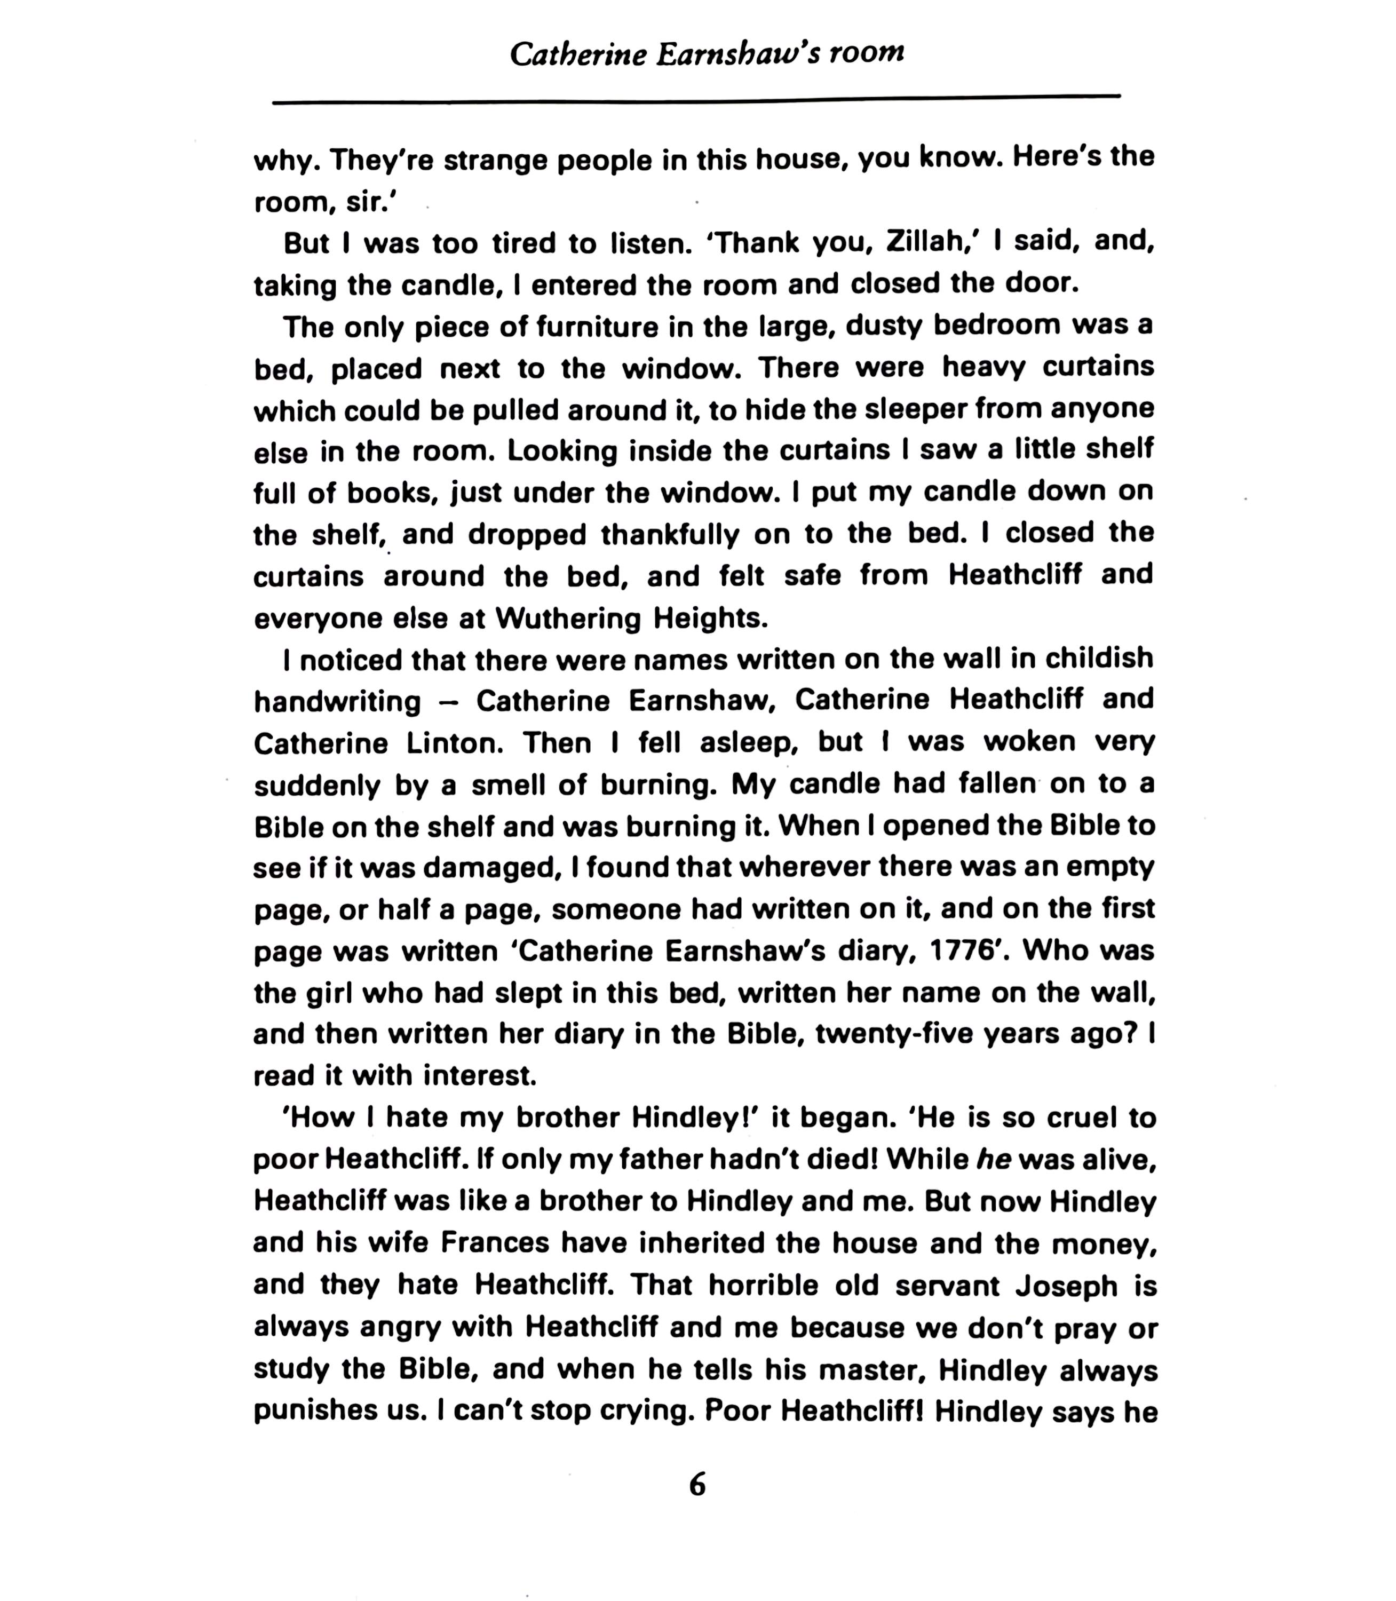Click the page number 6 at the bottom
pyautogui.click(x=697, y=1485)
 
